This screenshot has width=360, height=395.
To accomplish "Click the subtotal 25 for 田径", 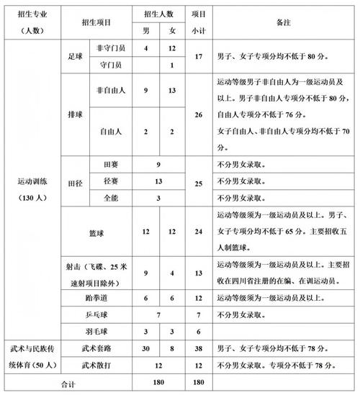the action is point(199,181).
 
